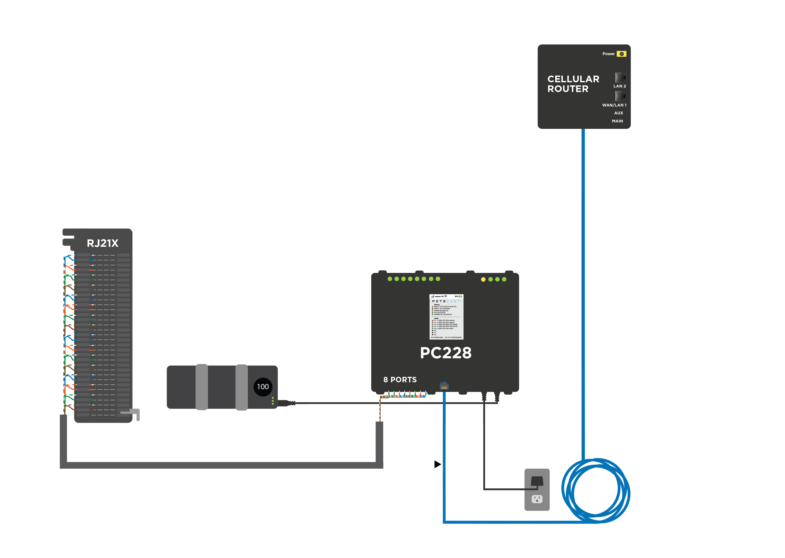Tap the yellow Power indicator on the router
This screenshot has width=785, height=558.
click(621, 54)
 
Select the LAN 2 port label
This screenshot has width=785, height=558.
click(619, 86)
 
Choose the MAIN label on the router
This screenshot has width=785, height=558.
click(617, 121)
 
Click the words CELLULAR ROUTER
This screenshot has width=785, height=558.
click(573, 84)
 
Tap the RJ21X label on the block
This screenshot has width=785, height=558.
click(103, 243)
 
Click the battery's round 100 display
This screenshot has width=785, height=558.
click(263, 387)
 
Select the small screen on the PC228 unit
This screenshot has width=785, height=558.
click(446, 317)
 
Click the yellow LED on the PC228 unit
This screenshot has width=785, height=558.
click(483, 279)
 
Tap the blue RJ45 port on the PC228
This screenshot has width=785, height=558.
click(444, 386)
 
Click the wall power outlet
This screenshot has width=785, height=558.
click(537, 490)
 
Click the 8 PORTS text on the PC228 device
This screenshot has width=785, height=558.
click(400, 380)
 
